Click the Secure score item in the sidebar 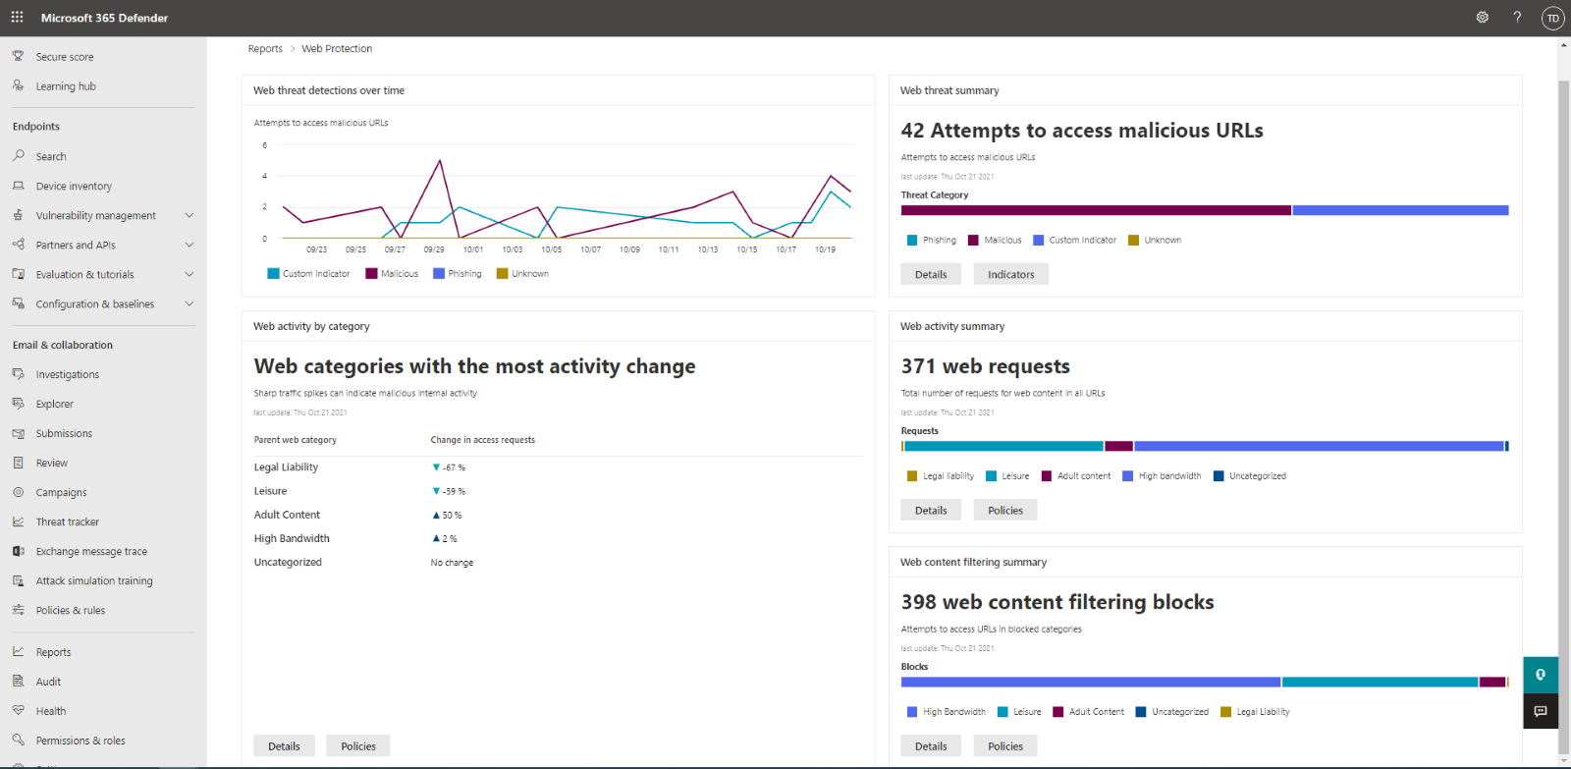65,57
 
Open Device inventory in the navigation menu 74,187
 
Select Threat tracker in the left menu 68,522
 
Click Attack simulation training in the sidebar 94,581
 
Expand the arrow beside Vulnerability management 190,216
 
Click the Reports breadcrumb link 265,49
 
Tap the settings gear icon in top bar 1483,18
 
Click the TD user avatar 1552,18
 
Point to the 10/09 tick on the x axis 629,249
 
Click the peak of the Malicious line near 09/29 440,161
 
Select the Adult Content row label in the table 287,515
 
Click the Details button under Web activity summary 931,511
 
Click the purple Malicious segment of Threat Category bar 1095,210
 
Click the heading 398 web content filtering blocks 1057,602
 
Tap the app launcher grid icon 17,18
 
